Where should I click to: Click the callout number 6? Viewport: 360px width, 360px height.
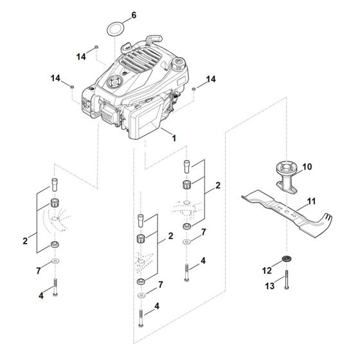(x=134, y=14)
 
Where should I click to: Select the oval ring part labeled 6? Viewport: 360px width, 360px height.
(x=116, y=30)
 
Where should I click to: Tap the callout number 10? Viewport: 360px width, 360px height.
(x=306, y=167)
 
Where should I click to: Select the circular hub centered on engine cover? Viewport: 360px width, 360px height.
(x=115, y=82)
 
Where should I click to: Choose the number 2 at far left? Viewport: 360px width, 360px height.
(x=25, y=240)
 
